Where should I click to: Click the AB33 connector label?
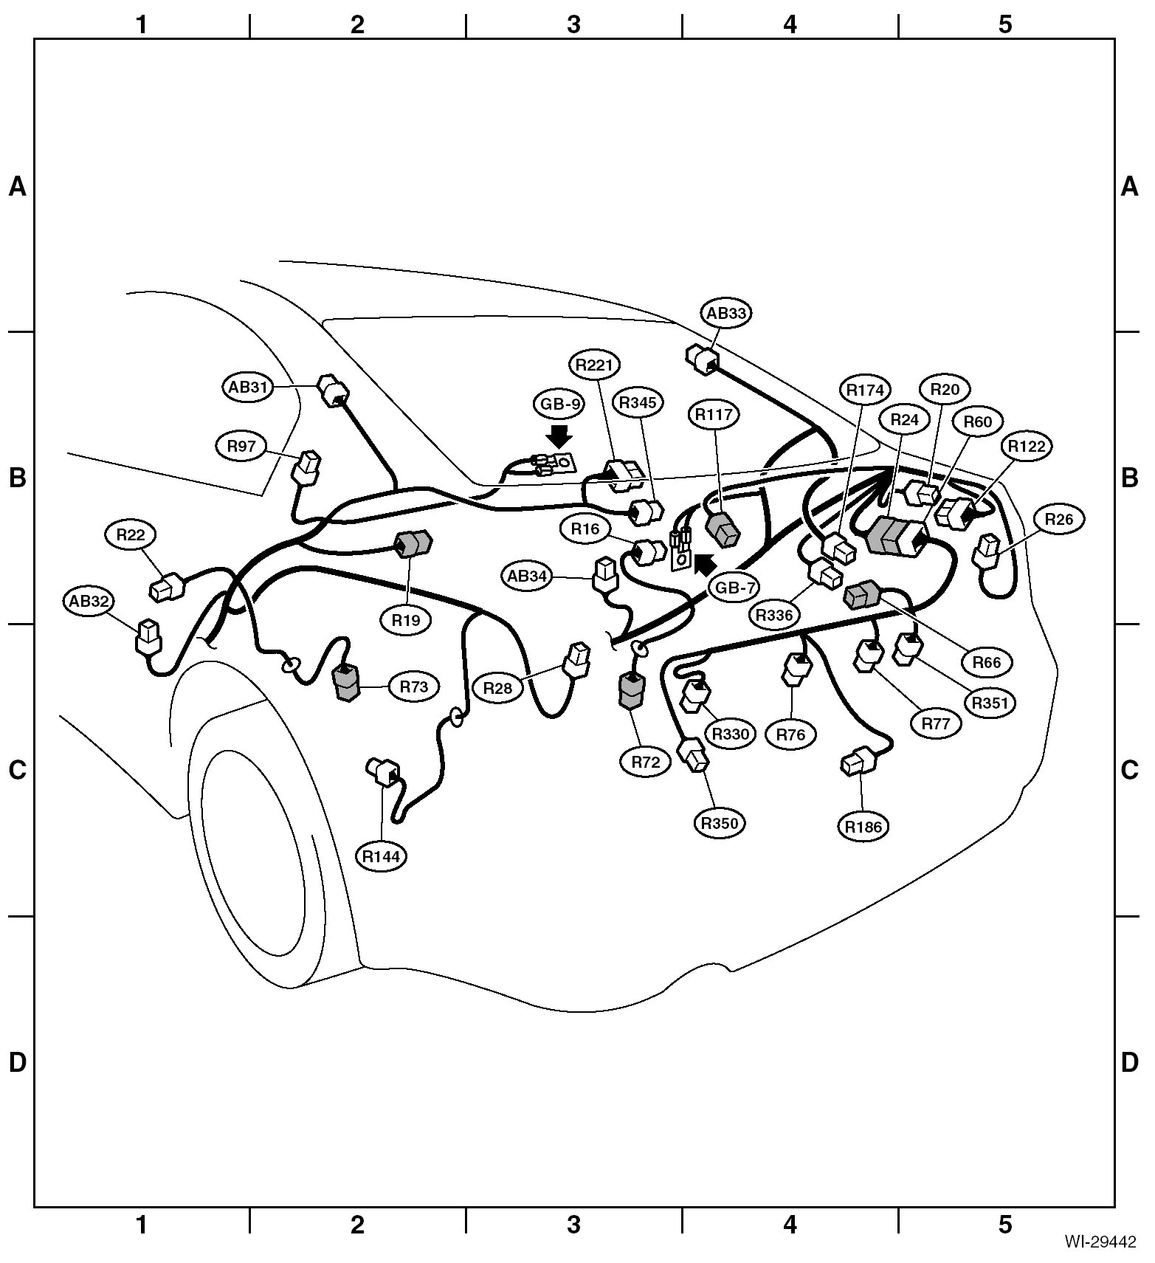pos(726,313)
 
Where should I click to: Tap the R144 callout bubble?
pos(381,856)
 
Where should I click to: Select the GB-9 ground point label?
pos(558,404)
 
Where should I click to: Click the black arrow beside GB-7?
pos(703,565)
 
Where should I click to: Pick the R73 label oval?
pos(414,686)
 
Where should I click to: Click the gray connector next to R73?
pos(345,683)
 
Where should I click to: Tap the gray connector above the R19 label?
pos(413,544)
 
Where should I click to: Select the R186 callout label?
pos(863,826)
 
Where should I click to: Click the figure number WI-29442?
pos(1100,1242)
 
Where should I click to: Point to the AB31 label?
pos(248,387)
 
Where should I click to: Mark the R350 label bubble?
pos(720,822)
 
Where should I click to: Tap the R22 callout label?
pos(131,534)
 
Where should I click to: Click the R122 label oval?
pos(1027,446)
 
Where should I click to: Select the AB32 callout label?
pos(89,601)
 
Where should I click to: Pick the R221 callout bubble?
pos(595,364)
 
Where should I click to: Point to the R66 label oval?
pos(987,662)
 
